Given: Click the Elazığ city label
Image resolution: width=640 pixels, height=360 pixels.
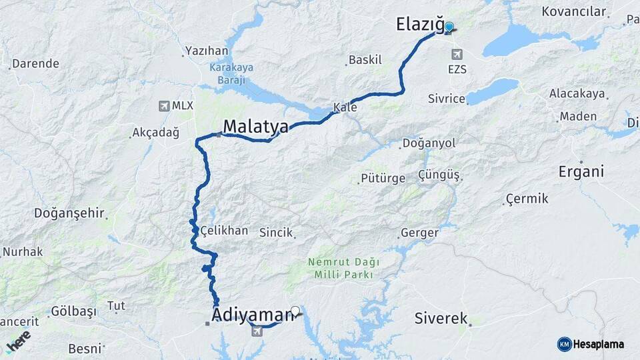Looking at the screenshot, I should (419, 25).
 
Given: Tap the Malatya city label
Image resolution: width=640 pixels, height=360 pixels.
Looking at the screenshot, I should (255, 127).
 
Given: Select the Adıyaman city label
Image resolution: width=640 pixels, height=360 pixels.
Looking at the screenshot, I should (253, 314).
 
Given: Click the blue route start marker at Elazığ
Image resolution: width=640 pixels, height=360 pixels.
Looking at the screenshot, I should (449, 27).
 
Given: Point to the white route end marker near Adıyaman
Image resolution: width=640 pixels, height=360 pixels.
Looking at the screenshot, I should (295, 310).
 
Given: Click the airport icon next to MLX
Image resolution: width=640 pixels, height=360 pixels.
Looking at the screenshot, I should (164, 106).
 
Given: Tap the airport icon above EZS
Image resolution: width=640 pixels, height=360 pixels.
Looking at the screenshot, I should (457, 54).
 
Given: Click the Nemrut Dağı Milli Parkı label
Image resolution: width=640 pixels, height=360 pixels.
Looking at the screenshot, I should (340, 268).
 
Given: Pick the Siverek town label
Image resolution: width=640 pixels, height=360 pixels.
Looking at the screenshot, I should (441, 319).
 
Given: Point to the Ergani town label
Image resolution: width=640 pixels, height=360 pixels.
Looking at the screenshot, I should (581, 171).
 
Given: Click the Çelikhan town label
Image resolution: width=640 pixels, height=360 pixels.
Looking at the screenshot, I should (225, 231).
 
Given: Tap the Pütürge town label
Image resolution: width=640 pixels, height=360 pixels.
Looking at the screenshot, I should (383, 178).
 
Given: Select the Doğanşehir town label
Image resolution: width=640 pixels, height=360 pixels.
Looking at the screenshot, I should (69, 213).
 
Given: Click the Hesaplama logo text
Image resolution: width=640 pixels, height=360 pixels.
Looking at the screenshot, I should (598, 344).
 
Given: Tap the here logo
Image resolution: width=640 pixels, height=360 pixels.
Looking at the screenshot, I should (18, 341).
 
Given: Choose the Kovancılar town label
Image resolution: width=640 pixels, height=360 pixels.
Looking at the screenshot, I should (574, 11).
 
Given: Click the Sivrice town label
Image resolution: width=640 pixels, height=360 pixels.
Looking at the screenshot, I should (447, 99).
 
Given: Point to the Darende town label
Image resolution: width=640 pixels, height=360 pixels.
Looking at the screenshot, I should (36, 64).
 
